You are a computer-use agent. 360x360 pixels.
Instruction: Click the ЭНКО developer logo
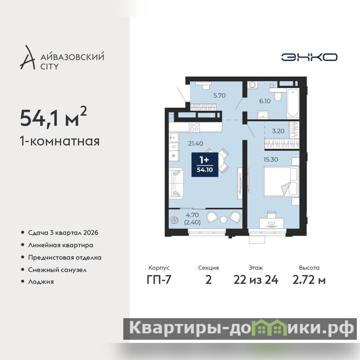[309, 57]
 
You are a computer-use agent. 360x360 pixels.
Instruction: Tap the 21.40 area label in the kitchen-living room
[196, 144]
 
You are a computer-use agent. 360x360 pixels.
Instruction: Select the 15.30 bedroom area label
[271, 159]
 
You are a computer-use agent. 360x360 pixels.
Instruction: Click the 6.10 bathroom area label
[265, 101]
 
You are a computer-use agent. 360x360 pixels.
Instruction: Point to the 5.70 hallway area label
[219, 95]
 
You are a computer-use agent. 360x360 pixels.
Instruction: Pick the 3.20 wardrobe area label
[278, 131]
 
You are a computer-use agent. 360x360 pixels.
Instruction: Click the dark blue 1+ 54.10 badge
[205, 165]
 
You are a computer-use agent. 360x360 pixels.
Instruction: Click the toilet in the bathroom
[277, 94]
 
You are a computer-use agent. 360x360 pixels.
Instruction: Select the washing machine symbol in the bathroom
[252, 85]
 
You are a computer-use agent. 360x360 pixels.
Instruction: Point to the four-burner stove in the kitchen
[194, 127]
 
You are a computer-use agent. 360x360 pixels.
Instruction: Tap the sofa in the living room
[176, 184]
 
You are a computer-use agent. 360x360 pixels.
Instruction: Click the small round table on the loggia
[223, 220]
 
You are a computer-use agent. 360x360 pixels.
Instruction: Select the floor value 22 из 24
[256, 280]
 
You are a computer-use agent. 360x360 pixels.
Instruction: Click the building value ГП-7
[159, 280]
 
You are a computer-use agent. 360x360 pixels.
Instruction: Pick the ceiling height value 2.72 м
[309, 280]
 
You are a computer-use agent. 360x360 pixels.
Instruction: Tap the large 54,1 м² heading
[54, 117]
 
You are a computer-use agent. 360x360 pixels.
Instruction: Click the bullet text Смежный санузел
[57, 270]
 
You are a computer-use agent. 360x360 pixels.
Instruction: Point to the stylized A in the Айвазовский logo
[27, 58]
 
